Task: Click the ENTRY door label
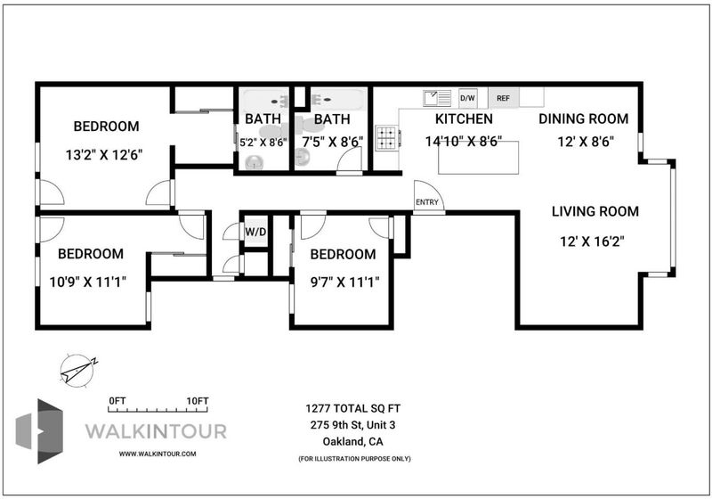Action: (427, 202)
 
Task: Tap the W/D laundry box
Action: (256, 232)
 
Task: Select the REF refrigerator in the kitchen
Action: (503, 98)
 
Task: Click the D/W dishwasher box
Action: (468, 98)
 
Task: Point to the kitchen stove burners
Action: (387, 137)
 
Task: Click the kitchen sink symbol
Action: (437, 98)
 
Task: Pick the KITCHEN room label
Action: (464, 119)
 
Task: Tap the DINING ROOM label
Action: (584, 119)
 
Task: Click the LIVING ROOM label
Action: (595, 211)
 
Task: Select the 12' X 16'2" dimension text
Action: (592, 241)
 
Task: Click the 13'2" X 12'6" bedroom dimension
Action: (104, 155)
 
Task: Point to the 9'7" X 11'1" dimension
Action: (344, 282)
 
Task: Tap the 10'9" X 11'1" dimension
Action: (87, 282)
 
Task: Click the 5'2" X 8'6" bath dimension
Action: (263, 143)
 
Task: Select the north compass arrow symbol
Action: (79, 371)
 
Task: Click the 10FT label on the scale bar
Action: (198, 401)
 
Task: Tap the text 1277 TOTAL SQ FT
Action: (352, 409)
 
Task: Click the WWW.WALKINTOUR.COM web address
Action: (158, 454)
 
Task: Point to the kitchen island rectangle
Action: (479, 158)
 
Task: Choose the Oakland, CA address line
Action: (352, 441)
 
